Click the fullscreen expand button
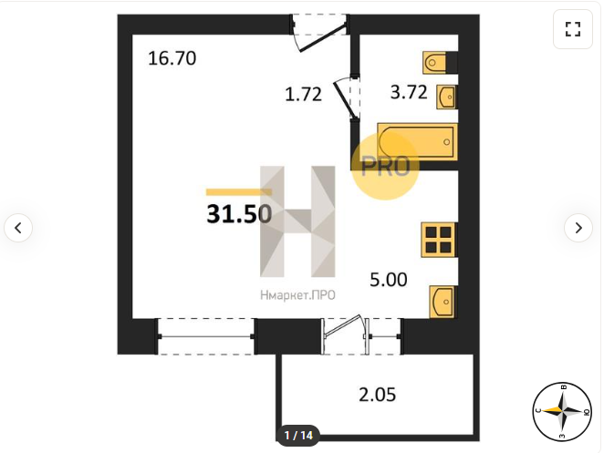pyautogui.click(x=573, y=29)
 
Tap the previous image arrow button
pyautogui.click(x=18, y=228)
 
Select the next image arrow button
pyautogui.click(x=578, y=228)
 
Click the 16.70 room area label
pyautogui.click(x=172, y=58)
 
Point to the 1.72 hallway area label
pyautogui.click(x=303, y=94)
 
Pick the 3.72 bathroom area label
pyautogui.click(x=409, y=92)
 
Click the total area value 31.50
pyautogui.click(x=239, y=214)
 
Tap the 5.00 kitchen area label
pyautogui.click(x=389, y=280)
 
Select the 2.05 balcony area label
pyautogui.click(x=378, y=395)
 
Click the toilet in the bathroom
pyautogui.click(x=434, y=62)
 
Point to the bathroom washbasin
pyautogui.click(x=446, y=97)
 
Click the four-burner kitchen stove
pyautogui.click(x=439, y=240)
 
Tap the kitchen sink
pyautogui.click(x=443, y=302)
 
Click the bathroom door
pyautogui.click(x=346, y=98)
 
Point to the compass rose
pyautogui.click(x=562, y=412)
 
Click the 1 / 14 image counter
pyautogui.click(x=298, y=436)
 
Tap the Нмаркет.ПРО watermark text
pyautogui.click(x=297, y=295)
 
